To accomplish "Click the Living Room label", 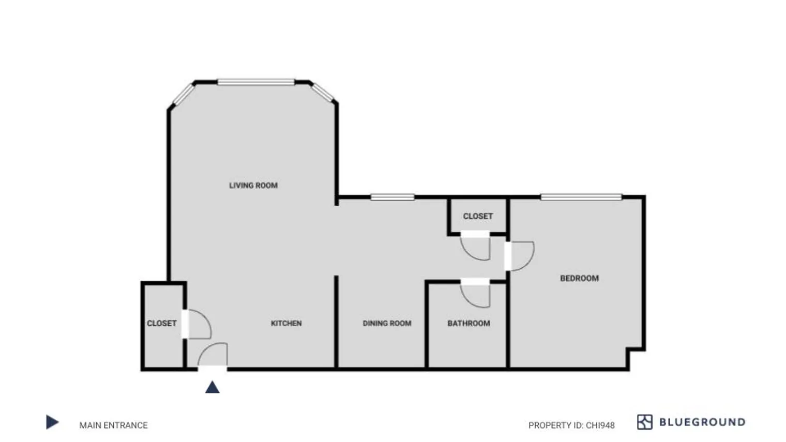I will [253, 185].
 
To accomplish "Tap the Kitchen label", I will [286, 323].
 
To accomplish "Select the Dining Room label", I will [387, 323].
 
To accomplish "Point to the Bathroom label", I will [468, 323].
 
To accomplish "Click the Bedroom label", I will [579, 278].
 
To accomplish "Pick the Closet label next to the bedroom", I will [478, 216].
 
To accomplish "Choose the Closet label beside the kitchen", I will [161, 323].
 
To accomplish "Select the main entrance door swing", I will [214, 356].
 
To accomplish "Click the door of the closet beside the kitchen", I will [198, 325].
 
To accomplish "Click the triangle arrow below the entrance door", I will [212, 387].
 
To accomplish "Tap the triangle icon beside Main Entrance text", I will [52, 422].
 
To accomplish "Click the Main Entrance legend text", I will [113, 425].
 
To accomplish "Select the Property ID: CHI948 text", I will [571, 425].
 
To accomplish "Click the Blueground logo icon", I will [644, 422].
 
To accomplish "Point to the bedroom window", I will [581, 197].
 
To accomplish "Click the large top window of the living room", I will [256, 82].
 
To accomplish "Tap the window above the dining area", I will [392, 197].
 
